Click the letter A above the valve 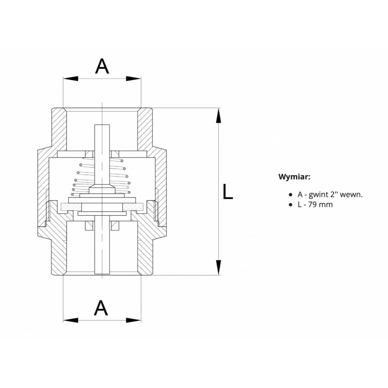click(102, 66)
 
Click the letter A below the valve click(101, 308)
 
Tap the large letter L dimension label click(227, 192)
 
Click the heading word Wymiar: click(294, 177)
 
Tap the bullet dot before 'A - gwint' click(290, 195)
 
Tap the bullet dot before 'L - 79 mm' click(290, 205)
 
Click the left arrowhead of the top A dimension click(70, 79)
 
